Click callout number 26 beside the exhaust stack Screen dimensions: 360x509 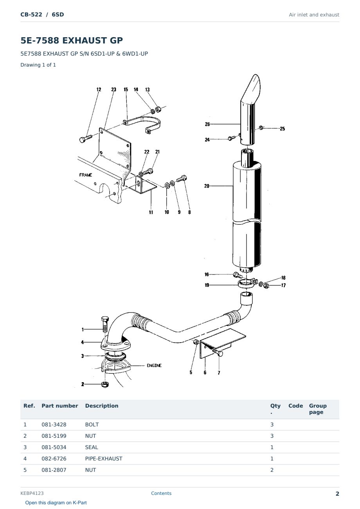(207, 124)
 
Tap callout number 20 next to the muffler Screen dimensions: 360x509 (207, 186)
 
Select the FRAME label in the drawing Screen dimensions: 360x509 (86, 175)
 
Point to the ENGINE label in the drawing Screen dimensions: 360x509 (154, 365)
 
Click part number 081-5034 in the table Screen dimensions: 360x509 (54, 447)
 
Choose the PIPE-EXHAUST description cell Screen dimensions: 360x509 (104, 458)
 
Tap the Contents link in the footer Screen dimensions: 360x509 (161, 493)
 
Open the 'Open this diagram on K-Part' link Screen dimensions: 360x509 (56, 503)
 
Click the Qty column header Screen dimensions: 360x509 (275, 409)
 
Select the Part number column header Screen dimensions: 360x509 (60, 406)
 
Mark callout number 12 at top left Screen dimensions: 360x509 (99, 90)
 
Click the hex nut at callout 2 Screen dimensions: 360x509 (105, 384)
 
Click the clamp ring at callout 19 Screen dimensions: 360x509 (246, 284)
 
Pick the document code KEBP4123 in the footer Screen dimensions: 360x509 (32, 493)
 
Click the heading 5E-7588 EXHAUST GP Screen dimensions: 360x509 (72, 40)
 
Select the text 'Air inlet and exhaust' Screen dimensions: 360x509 (314, 15)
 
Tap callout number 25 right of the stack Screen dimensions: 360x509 (282, 128)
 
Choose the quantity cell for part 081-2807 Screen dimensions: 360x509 (272, 470)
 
